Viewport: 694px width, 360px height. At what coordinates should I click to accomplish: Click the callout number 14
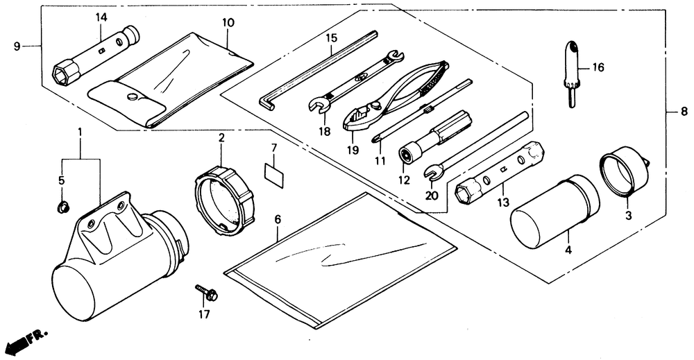pos(101,17)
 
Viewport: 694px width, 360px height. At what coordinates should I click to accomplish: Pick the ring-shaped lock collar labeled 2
pos(223,200)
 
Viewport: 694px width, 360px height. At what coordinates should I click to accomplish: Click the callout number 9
pos(16,46)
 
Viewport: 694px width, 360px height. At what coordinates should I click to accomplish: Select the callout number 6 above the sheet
pos(277,219)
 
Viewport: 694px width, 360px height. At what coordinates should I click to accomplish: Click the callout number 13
pos(503,203)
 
